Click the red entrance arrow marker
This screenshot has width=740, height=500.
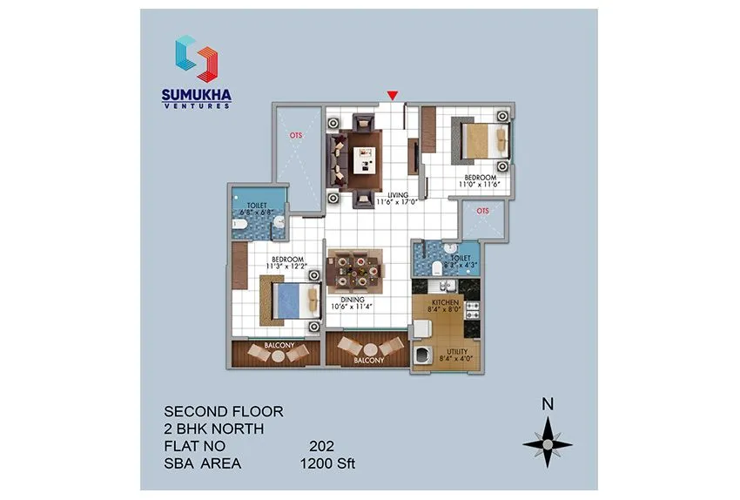click(x=394, y=95)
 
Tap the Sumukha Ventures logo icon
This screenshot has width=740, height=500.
click(x=196, y=57)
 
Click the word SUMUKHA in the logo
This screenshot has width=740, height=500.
click(x=197, y=93)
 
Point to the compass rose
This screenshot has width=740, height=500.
click(x=548, y=443)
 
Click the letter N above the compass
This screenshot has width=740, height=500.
click(x=548, y=403)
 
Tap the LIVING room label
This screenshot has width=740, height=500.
click(x=398, y=194)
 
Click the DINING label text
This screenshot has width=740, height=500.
click(x=353, y=300)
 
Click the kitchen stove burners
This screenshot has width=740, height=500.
click(x=473, y=311)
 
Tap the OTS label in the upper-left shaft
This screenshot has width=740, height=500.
click(x=296, y=135)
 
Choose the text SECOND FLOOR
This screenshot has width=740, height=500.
click(x=224, y=410)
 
